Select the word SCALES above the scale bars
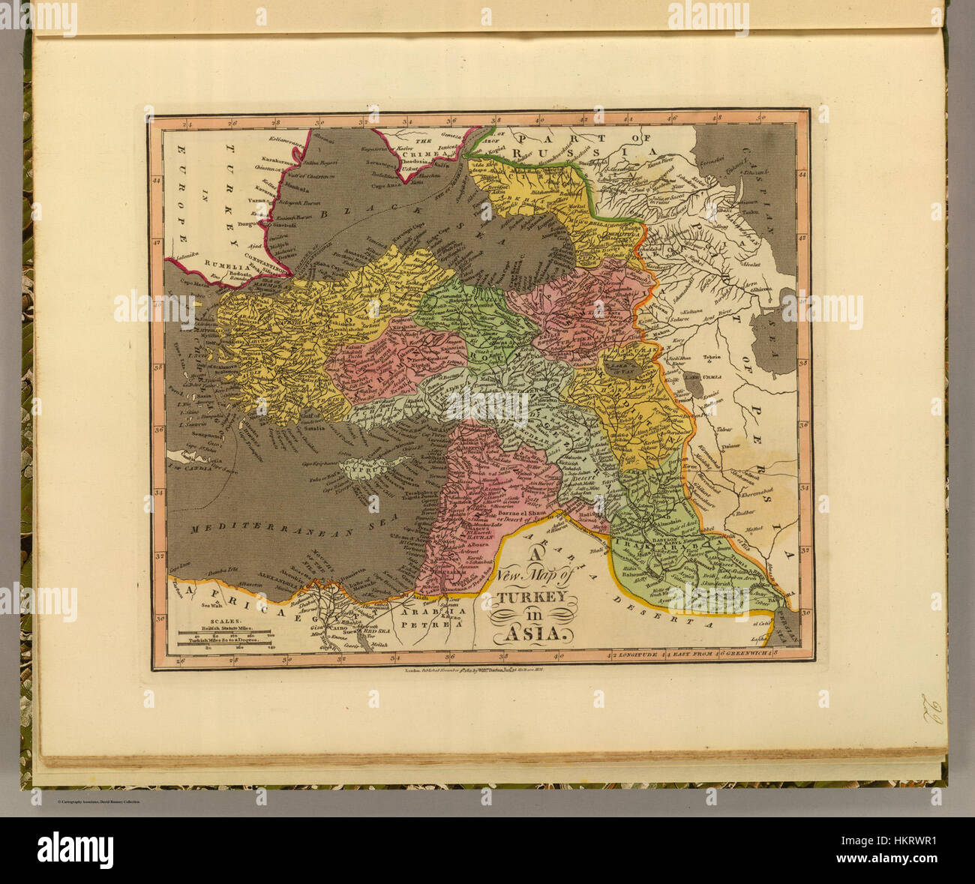point(210,621)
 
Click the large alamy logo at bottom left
point(75,850)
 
